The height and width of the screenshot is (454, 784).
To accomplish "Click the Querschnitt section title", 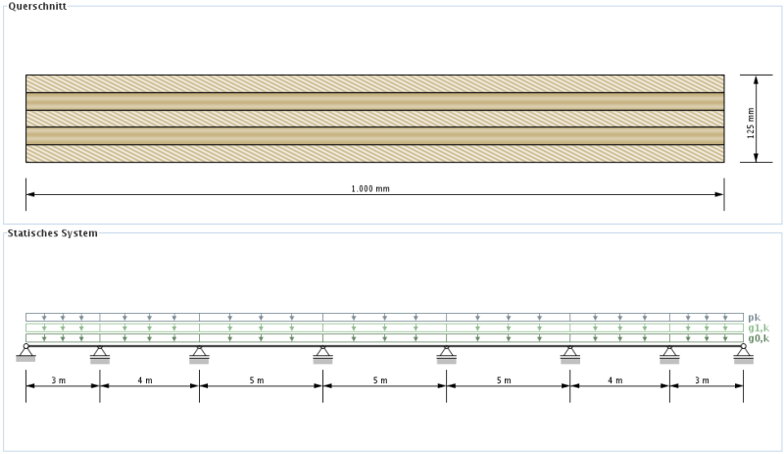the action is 37,6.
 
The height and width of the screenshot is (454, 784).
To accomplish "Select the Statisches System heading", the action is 53,233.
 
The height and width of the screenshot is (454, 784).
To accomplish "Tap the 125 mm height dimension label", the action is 751,124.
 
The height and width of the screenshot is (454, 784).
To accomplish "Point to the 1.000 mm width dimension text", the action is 370,188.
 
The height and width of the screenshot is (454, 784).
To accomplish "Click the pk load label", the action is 754,318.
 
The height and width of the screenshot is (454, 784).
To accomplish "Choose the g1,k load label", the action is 759,328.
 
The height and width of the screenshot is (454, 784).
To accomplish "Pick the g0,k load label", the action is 759,339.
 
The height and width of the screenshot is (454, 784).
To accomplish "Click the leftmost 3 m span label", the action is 59,380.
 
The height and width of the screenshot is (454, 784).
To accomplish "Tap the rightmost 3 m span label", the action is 702,380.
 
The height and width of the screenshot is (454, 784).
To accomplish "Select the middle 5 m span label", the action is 380,380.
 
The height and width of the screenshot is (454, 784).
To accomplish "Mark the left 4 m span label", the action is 145,380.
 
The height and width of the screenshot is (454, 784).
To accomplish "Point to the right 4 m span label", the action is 615,380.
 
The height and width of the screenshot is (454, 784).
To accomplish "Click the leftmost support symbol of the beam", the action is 26,352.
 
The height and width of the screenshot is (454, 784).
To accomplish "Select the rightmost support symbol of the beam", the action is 744,353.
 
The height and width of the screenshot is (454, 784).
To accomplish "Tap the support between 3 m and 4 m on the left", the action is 100,354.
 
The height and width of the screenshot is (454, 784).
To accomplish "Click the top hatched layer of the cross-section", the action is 375,83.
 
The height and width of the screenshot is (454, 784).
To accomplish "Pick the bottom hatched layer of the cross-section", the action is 375,153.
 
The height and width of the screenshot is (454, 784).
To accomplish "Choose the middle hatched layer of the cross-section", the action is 375,119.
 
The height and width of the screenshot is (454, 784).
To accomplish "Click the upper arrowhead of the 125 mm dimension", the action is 756,79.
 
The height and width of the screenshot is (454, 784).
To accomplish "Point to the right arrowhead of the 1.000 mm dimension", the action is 719,194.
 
